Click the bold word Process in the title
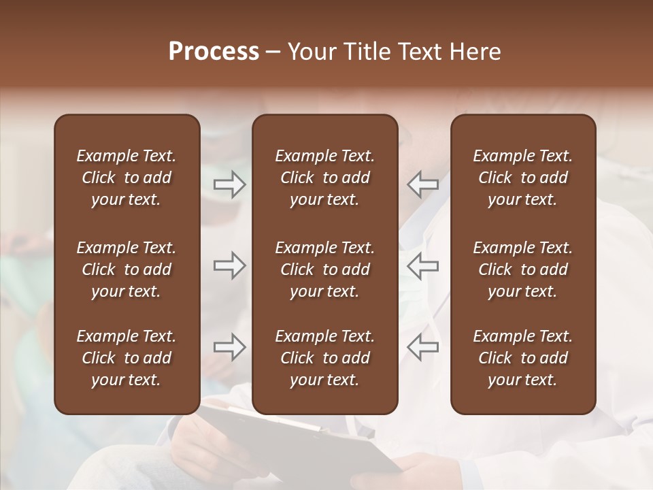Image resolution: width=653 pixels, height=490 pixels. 214,52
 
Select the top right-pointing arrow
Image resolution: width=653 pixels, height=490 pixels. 230,184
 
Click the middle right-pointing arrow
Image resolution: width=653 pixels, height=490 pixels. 230,265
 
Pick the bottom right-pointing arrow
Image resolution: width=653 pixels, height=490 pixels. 230,347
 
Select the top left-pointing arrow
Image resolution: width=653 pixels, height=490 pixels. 422,184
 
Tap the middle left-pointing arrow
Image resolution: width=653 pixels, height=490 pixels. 422,265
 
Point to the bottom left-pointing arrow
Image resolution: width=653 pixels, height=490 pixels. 422,347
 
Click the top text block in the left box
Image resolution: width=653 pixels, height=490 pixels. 127,178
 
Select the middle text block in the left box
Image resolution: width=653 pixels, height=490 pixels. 127,269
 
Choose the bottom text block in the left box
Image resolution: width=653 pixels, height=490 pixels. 127,358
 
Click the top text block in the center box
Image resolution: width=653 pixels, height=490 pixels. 324,178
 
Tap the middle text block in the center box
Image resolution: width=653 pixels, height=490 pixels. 324,269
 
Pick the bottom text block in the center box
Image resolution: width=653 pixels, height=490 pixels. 324,358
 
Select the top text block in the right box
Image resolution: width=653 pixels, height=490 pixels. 522,178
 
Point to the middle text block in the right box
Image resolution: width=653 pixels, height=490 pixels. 522,269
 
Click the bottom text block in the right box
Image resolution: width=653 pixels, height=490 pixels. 522,358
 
